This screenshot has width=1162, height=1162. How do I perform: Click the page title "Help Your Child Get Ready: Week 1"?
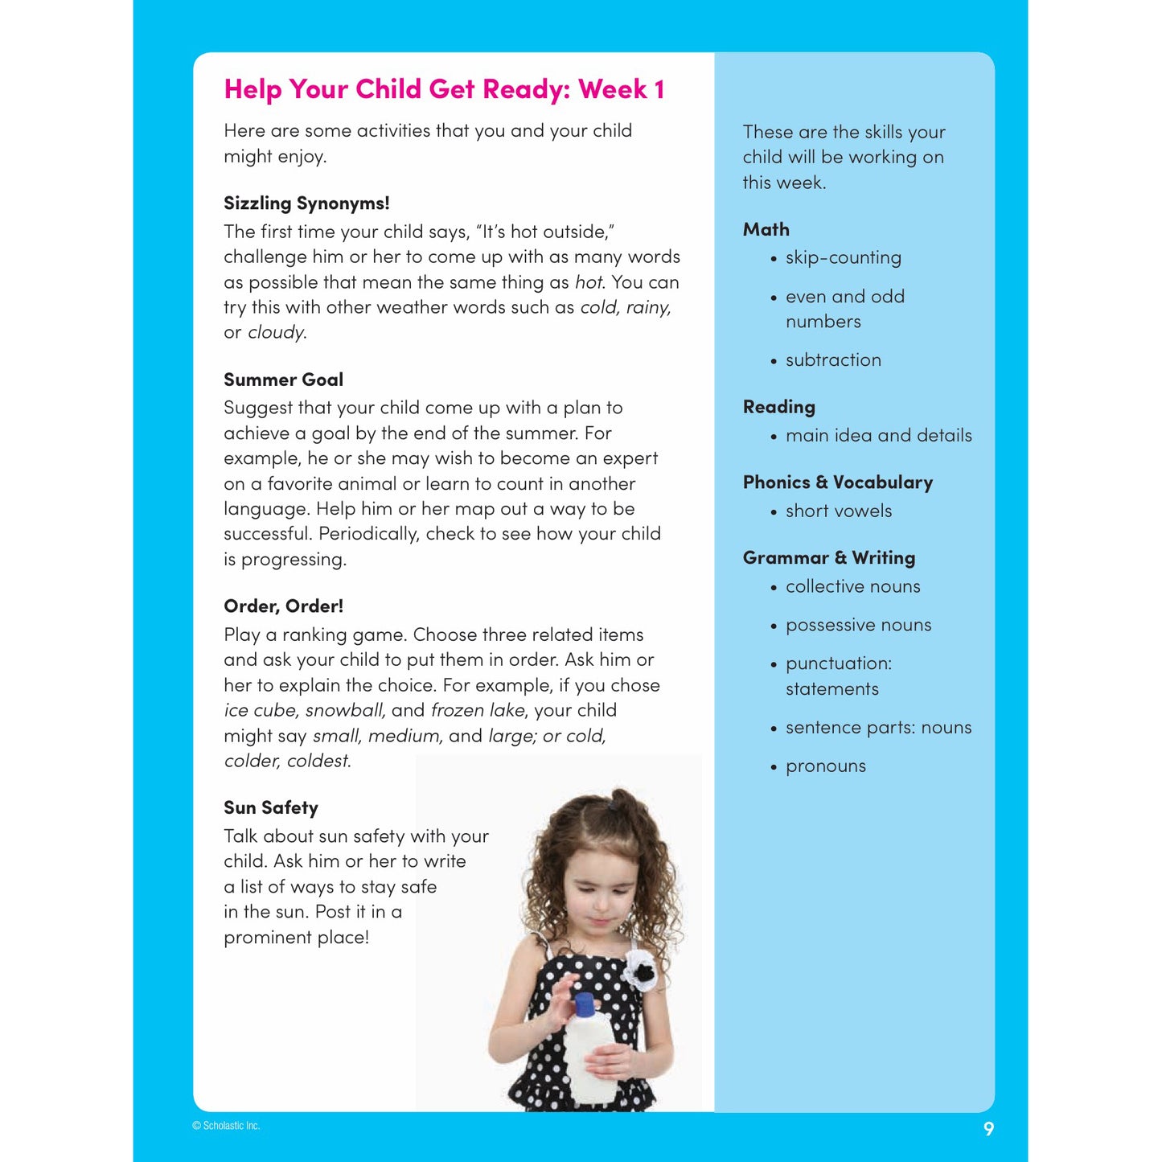coord(444,89)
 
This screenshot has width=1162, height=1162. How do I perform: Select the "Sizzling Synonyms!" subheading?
coord(306,203)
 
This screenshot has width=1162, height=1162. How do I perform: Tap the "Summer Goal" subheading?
coord(283,380)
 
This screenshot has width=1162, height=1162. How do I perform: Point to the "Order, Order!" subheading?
coord(283,606)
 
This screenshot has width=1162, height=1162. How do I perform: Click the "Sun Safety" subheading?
coord(271,808)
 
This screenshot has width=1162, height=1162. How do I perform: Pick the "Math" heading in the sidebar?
coord(766,230)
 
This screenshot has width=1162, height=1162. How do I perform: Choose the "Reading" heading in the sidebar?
coord(778,407)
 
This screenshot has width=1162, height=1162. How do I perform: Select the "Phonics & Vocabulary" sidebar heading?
coord(837,482)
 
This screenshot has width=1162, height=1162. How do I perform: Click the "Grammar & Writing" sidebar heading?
coord(828,558)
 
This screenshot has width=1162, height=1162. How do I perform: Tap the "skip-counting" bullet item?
coord(843,258)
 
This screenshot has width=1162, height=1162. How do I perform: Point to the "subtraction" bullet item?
coord(833,360)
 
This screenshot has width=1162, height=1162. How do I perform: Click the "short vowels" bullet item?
coord(838,511)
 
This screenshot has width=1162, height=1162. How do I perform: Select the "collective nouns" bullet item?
coord(852,587)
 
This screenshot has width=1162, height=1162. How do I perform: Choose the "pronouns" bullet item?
coord(825,766)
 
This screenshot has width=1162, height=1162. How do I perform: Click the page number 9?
coord(988,1129)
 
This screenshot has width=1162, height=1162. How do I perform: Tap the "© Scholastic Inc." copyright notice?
coord(226,1126)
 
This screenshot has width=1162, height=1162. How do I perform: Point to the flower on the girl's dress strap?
coord(640,969)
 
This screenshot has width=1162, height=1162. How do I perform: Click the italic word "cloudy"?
coord(276,333)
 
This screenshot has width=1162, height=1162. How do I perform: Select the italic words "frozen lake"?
coord(478,711)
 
